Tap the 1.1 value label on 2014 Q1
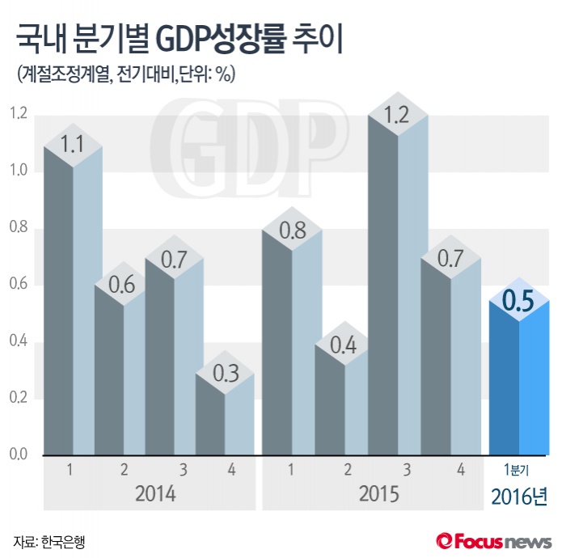[73, 145]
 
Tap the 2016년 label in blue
[519, 496]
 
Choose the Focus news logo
[493, 539]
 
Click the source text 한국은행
[61, 540]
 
